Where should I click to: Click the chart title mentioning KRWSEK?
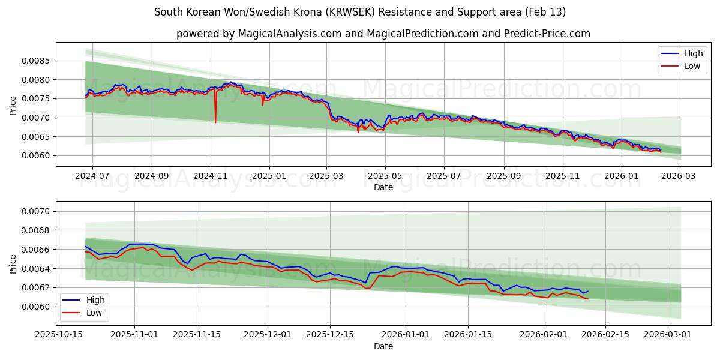(359, 12)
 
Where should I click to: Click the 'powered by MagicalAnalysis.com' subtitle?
(383, 34)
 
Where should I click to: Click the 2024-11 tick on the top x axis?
(210, 176)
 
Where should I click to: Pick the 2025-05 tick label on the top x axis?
(385, 176)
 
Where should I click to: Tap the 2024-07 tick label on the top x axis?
(92, 176)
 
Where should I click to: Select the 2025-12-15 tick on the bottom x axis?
(329, 335)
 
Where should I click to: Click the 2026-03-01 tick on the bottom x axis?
(668, 335)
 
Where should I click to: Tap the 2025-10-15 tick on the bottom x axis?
(62, 335)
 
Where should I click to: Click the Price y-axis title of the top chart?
(13, 104)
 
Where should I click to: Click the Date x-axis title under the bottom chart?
(383, 346)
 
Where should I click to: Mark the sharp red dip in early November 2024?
(215, 122)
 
